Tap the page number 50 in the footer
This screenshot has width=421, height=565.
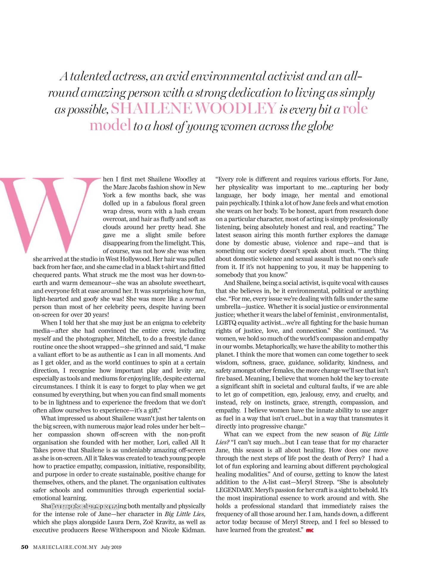24,547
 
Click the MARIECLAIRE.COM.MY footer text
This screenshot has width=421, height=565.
65,547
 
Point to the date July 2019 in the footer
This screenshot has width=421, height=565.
111,547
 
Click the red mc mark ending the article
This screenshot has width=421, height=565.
310,530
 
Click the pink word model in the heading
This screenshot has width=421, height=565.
110,125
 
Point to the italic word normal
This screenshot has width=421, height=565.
195,299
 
